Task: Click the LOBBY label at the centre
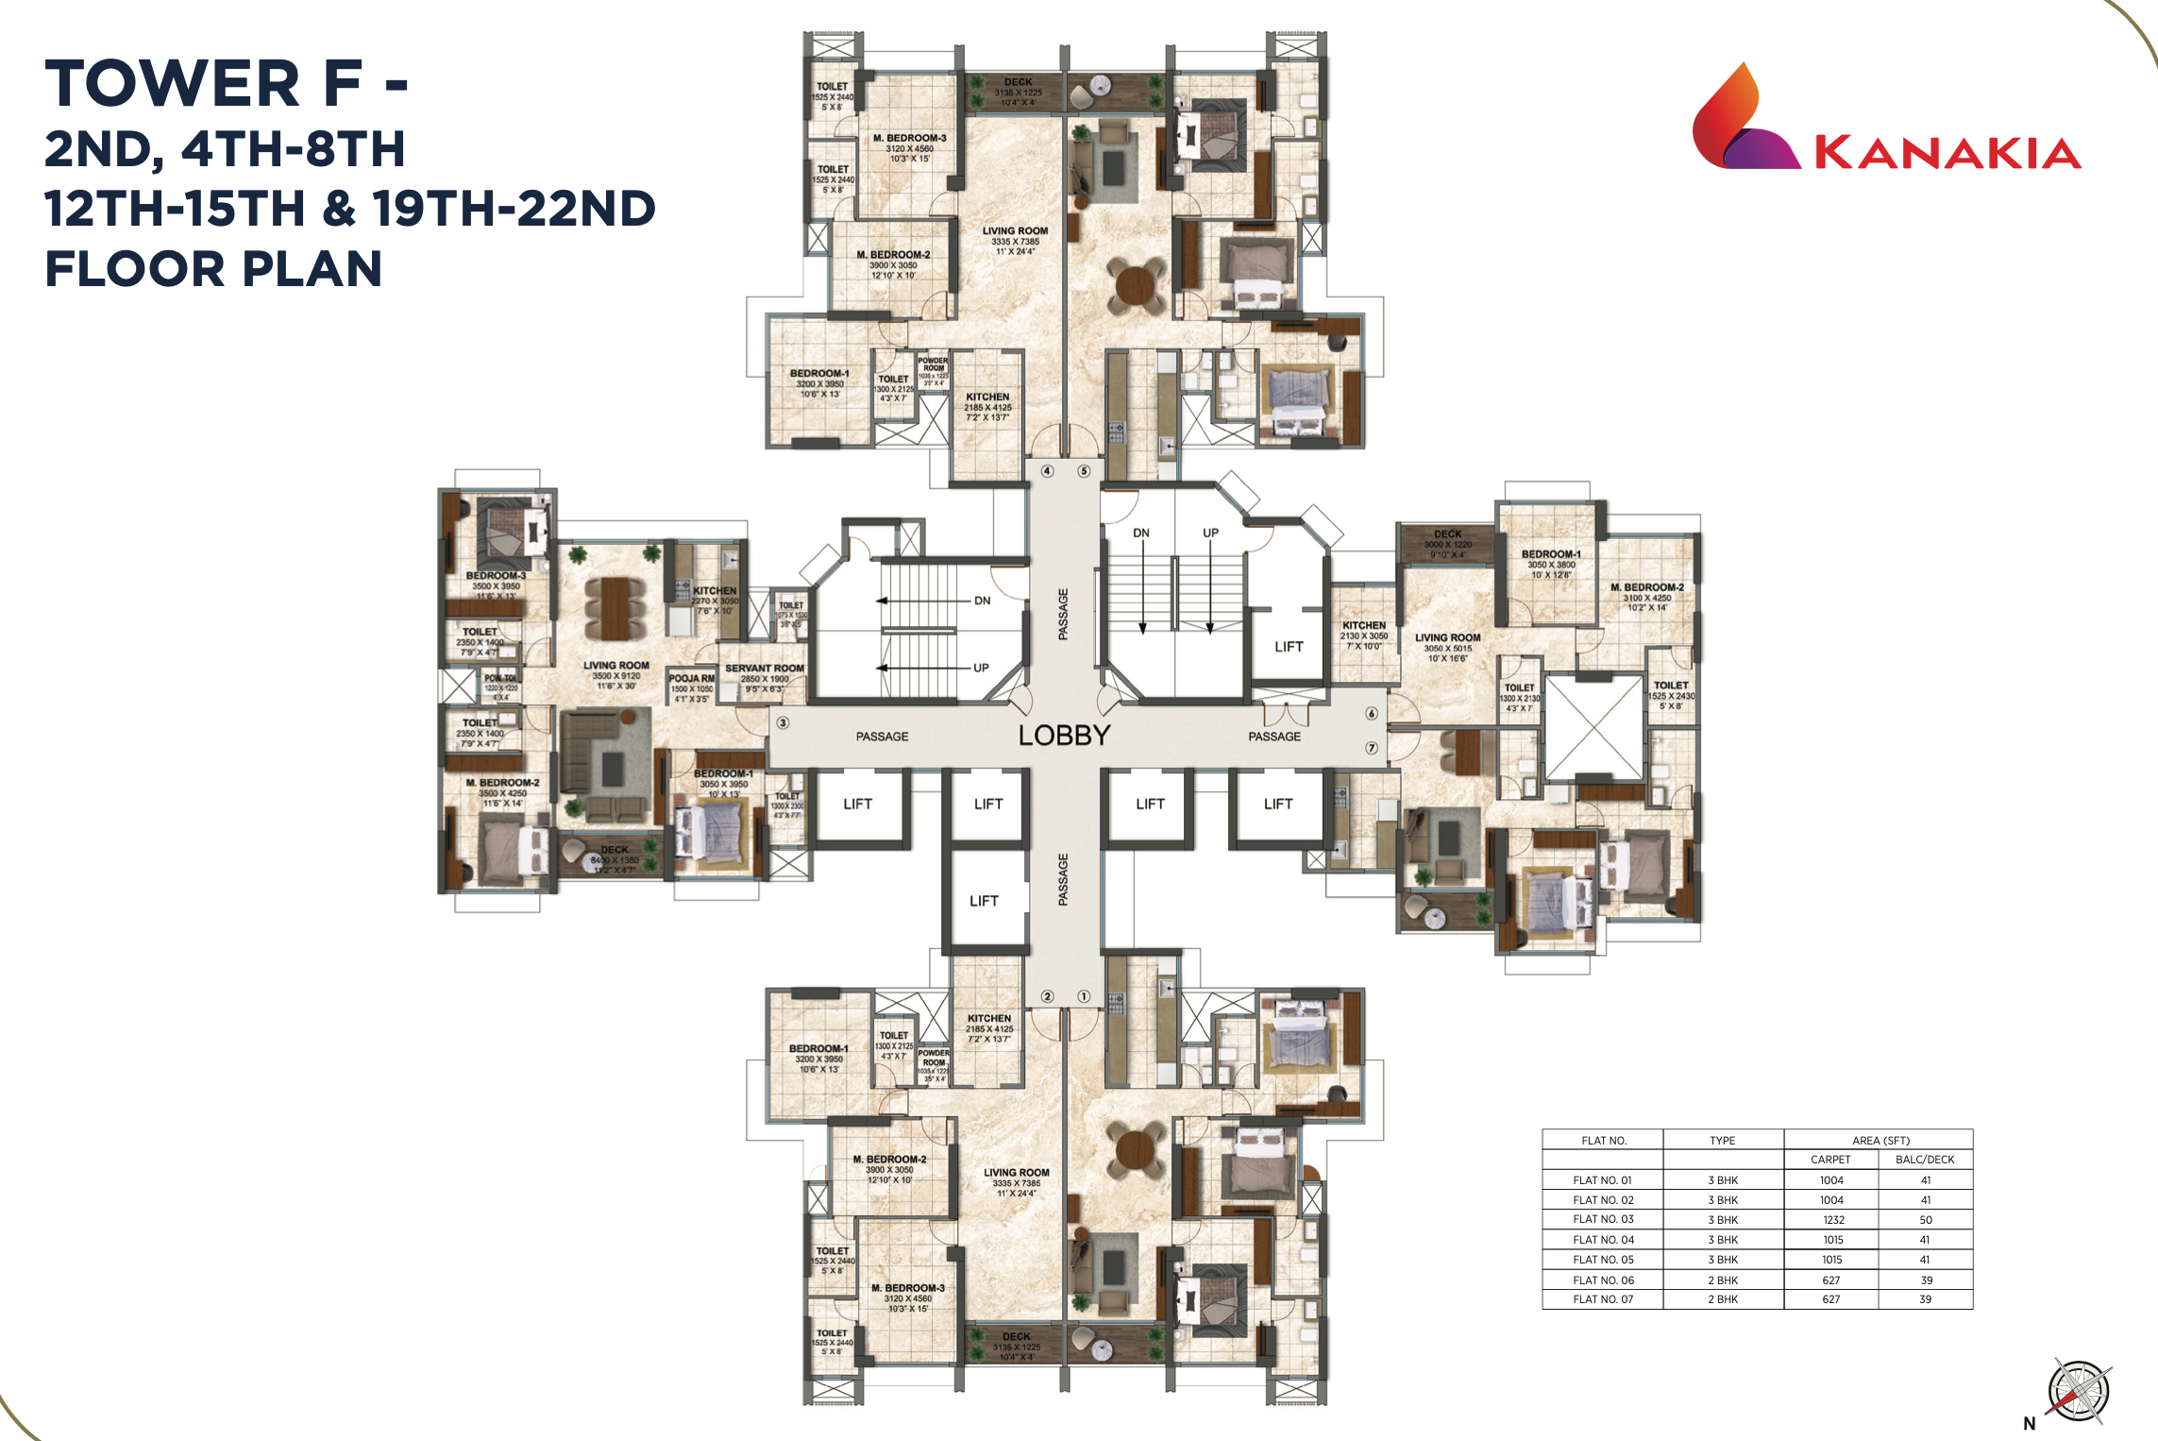pos(1064,735)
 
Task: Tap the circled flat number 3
pos(783,723)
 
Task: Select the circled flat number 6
pos(1372,714)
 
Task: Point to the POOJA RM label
pos(691,678)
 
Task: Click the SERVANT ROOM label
pos(764,668)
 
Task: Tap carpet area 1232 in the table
pos(1832,1219)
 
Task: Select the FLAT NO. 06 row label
pos(1603,1280)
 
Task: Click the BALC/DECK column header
pos(1924,1159)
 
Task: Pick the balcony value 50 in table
pos(1925,1219)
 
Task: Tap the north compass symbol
pos(2079,1391)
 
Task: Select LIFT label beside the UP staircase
pos(1288,647)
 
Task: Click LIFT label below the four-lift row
pos(984,901)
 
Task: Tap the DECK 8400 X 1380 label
pos(614,856)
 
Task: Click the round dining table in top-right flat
pos(1136,282)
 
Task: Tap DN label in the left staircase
pos(982,601)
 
